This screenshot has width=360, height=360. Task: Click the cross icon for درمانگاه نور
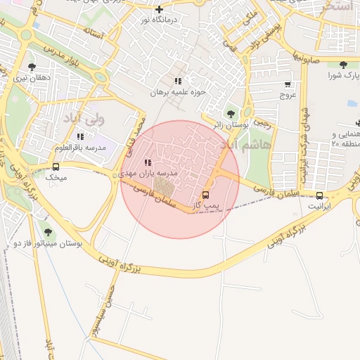coord(160,10)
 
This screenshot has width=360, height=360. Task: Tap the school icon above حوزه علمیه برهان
coord(178,81)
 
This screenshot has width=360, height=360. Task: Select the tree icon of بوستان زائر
coord(231,114)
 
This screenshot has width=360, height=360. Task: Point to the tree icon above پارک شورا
coord(344,64)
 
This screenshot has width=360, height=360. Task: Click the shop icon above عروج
coord(288,83)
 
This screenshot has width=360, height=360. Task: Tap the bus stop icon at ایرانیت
coord(319,195)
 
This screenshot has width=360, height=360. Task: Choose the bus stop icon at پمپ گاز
coord(205,195)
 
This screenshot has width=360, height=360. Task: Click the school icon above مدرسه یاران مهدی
coord(147,162)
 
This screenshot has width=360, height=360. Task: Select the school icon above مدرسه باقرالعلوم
coord(80,136)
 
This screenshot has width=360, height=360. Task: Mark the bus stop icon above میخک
coord(56,167)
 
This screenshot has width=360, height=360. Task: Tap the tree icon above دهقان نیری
coord(31,67)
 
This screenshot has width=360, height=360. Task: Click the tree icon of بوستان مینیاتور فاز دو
coord(48,231)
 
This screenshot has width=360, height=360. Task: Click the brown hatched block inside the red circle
coord(164,186)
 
